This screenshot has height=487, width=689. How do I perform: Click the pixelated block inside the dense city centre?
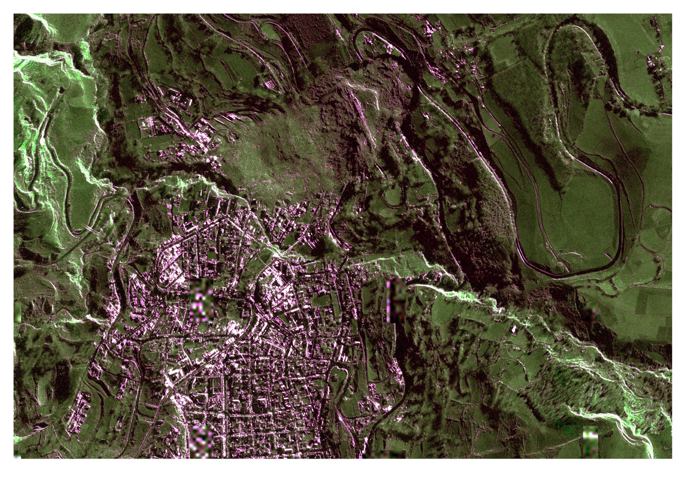pos(201,301)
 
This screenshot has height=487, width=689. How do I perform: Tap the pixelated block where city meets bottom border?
pos(201,442)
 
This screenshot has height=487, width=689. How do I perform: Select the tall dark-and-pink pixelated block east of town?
pos(396,301)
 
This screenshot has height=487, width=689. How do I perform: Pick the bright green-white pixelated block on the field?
pos(590,442)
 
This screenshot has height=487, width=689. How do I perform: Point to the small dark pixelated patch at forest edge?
pos(590,310)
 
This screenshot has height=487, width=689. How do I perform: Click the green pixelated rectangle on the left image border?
pos(17,312)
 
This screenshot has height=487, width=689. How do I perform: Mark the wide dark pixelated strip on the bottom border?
pos(385,455)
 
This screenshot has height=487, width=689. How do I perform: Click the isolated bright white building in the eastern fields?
pos(514,328)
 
